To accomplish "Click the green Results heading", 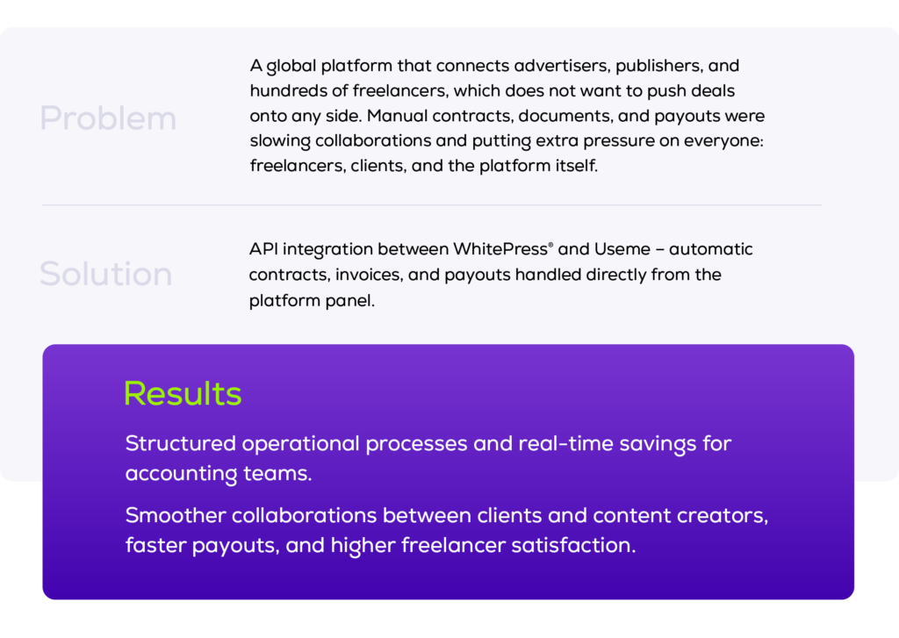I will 183,393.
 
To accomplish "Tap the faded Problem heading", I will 108,118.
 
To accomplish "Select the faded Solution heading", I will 105,275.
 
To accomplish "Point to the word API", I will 263,249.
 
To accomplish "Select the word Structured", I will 180,444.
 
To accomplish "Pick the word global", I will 291,66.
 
